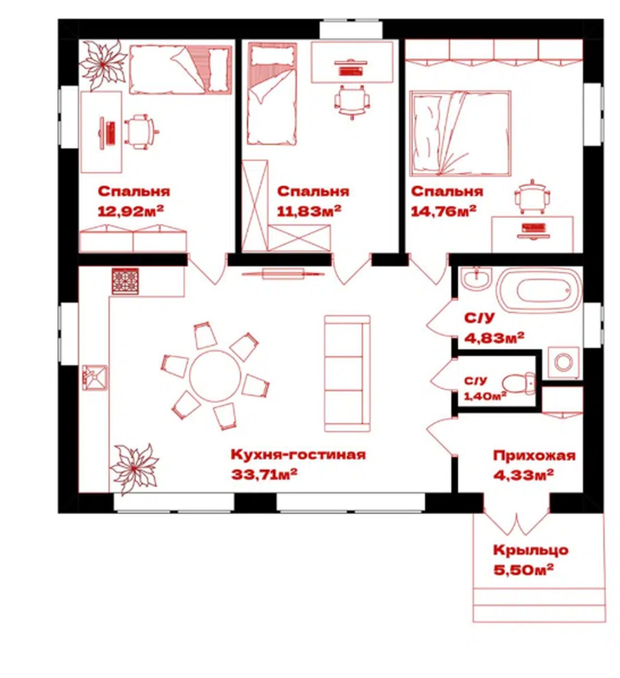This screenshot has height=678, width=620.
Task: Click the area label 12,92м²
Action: [x=131, y=211]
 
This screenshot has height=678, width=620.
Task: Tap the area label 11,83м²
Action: [x=309, y=211]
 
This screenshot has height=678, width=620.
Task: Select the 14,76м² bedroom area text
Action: [x=444, y=211]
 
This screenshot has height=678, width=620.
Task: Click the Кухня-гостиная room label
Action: [x=298, y=454]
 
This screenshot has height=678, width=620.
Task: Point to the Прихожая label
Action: [x=534, y=456]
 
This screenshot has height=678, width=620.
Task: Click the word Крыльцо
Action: [x=531, y=550]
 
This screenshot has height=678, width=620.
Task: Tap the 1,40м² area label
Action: [x=485, y=396]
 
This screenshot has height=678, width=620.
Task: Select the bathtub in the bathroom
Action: [x=539, y=291]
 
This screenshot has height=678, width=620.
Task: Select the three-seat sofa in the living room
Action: [x=347, y=373]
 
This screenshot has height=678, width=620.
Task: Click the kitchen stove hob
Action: [x=125, y=281]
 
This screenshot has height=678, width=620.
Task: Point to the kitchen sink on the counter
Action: [x=95, y=378]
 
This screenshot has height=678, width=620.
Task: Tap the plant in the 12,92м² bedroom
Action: [x=103, y=64]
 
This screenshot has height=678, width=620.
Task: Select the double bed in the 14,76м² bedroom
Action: [x=460, y=134]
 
